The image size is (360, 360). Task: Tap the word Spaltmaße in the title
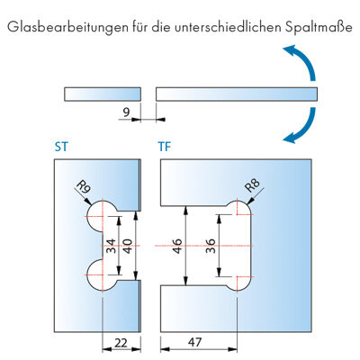click(x=318, y=27)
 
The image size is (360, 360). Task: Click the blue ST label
click(x=61, y=147)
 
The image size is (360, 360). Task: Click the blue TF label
click(x=165, y=147)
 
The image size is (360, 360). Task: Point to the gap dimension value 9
click(x=126, y=112)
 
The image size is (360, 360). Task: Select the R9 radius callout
click(x=84, y=187)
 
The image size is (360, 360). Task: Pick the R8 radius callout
click(x=252, y=185)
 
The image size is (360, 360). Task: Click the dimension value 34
click(x=111, y=246)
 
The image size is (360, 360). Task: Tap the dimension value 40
click(x=128, y=246)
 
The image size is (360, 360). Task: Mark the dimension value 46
click(x=177, y=246)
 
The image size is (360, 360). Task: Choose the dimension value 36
click(x=211, y=246)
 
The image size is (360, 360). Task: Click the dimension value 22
click(x=121, y=343)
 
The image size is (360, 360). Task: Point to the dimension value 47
click(x=194, y=342)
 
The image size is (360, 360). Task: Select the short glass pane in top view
click(x=103, y=94)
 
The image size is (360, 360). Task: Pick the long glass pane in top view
click(x=237, y=94)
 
